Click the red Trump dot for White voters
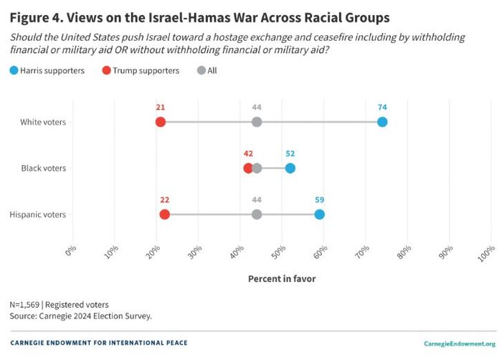tap(161, 122)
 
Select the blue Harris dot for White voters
tap(382, 122)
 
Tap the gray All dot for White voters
tap(257, 122)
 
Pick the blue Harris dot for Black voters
tap(290, 168)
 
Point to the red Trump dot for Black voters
tap(248, 168)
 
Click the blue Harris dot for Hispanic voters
tap(319, 214)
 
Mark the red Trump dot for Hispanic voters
tap(164, 214)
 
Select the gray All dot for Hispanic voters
tap(257, 214)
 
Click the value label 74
tap(382, 107)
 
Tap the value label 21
tap(161, 107)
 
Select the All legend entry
tap(209, 70)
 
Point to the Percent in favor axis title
tap(282, 278)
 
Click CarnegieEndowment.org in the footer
tap(460, 344)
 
